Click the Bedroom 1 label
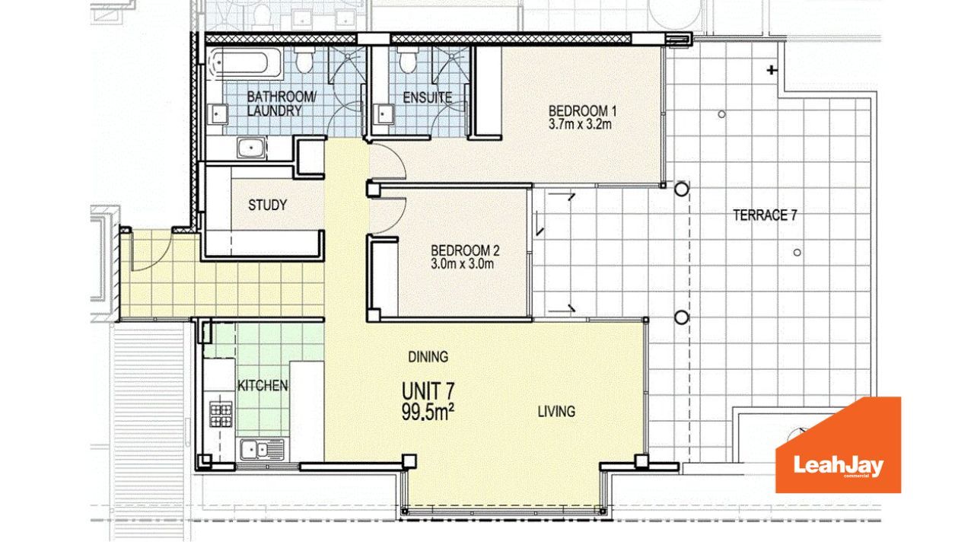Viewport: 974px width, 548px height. click(x=582, y=110)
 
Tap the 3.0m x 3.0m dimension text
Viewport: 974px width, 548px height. click(x=462, y=264)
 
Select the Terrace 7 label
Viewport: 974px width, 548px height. click(x=766, y=215)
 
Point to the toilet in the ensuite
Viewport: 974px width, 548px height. click(x=409, y=60)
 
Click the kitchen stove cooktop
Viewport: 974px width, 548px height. click(x=221, y=414)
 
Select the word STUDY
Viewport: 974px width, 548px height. click(x=267, y=205)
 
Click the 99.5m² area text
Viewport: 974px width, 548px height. click(x=428, y=413)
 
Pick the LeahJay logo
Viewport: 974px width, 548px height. click(x=839, y=445)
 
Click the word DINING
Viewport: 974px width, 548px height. click(x=428, y=357)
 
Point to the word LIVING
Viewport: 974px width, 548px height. click(x=556, y=412)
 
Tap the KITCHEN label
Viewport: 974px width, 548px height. click(x=263, y=386)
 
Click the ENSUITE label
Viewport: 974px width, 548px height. click(x=428, y=98)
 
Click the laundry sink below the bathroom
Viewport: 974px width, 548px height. click(x=251, y=148)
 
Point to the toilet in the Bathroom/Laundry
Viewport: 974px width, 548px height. click(x=304, y=60)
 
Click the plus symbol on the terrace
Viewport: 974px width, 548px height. click(x=772, y=69)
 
